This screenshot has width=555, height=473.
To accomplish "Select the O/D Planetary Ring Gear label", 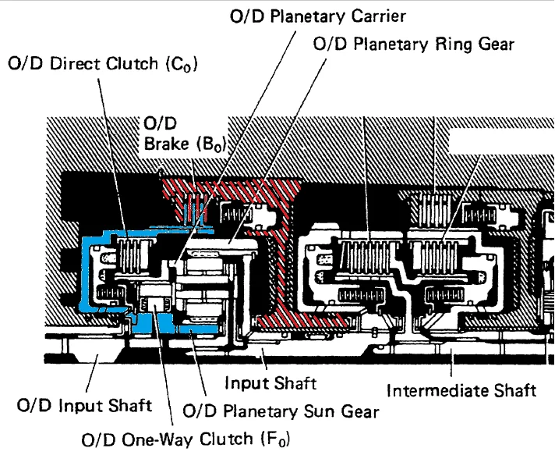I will click(x=413, y=44).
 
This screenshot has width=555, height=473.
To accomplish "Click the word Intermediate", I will click(x=439, y=389).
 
